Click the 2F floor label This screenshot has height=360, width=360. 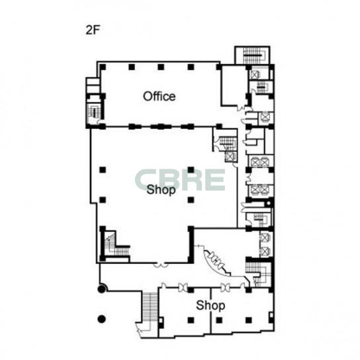pyautogui.click(x=93, y=30)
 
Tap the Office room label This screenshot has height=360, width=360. pyautogui.click(x=159, y=96)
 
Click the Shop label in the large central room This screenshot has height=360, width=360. pyautogui.click(x=161, y=190)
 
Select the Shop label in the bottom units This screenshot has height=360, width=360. pyautogui.click(x=210, y=305)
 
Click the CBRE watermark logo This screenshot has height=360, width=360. pyautogui.click(x=180, y=179)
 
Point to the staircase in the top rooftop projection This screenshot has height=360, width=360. pyautogui.click(x=253, y=55)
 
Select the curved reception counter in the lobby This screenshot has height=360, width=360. pyautogui.click(x=216, y=262)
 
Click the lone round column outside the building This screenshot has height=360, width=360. pyautogui.click(x=101, y=319)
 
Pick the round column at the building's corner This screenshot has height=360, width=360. pyautogui.click(x=101, y=289)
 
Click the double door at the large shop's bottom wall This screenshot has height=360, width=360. pyautogui.click(x=161, y=265)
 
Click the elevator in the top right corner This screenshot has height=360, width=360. pyautogui.click(x=255, y=74)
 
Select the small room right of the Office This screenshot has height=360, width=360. pyautogui.click(x=234, y=85)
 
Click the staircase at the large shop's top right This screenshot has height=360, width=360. pyautogui.click(x=227, y=144)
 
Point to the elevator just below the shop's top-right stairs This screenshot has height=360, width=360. pyautogui.click(x=230, y=157)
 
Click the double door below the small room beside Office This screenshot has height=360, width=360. pyautogui.click(x=241, y=108)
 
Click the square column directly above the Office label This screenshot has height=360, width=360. pyautogui.click(x=161, y=67)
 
